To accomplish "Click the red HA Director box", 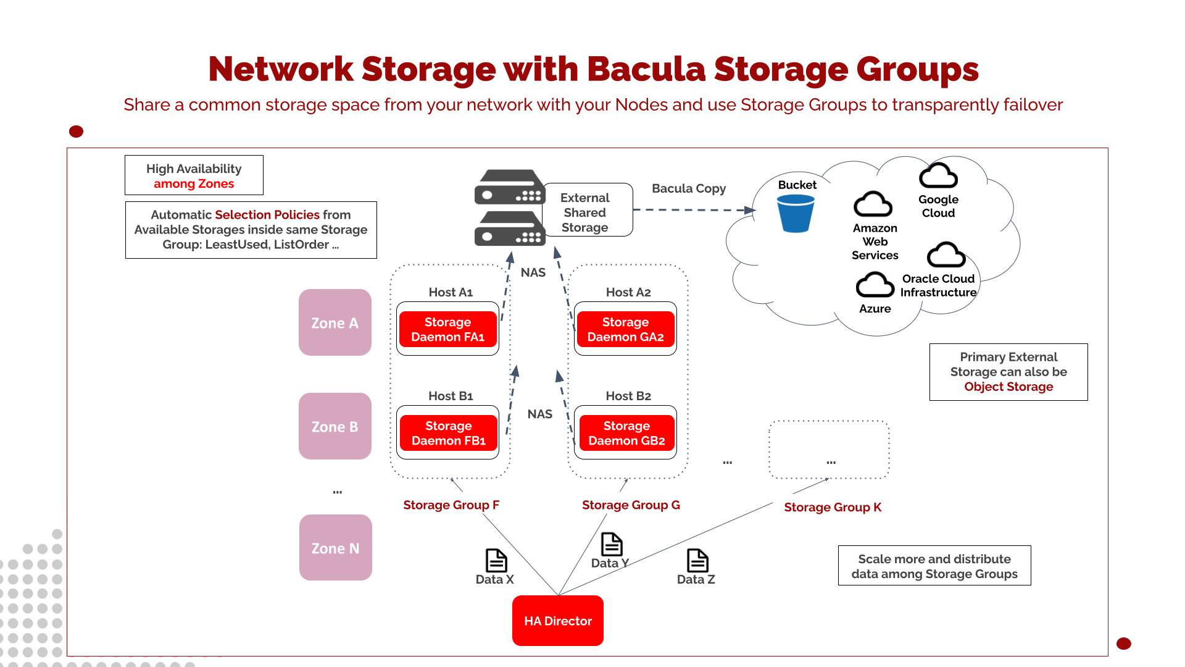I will point(557,620).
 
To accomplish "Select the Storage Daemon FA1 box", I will point(447,329).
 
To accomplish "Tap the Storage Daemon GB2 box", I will point(626,433).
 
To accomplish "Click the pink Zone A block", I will point(335,322).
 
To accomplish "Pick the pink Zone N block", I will point(335,548).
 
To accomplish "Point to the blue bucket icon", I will point(795,213).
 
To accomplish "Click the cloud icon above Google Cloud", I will point(938,176).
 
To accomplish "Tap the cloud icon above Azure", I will point(875,285).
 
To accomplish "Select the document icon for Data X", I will point(496,560).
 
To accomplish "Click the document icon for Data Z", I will point(697,560).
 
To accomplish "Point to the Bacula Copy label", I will point(688,188).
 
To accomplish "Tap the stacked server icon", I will point(509,208).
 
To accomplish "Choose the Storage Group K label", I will point(832,507).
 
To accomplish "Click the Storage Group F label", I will point(451,505).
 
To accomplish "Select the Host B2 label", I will point(628,396).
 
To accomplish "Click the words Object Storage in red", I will point(1008,387).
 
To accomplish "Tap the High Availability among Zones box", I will point(194,175).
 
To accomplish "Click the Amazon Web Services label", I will point(875,241).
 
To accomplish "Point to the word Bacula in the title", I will point(646,69).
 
